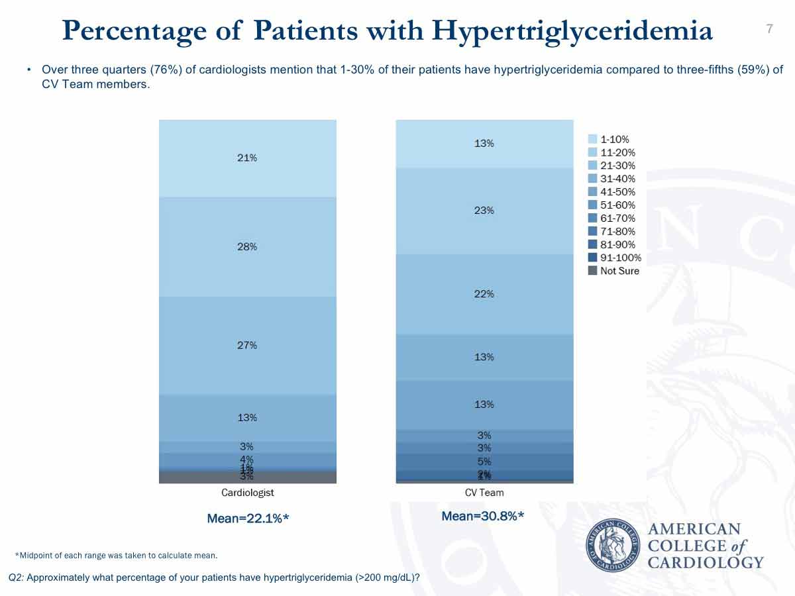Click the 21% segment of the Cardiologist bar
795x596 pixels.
(x=247, y=158)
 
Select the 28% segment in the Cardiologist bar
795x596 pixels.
(x=247, y=246)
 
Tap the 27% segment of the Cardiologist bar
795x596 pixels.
(x=247, y=345)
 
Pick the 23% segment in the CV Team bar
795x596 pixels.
(x=484, y=211)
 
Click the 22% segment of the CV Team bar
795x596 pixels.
(x=484, y=294)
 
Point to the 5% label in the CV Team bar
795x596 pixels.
(x=484, y=461)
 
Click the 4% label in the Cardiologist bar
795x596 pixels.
(x=247, y=459)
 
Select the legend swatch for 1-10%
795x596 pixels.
(x=593, y=139)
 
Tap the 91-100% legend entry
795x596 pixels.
(x=620, y=258)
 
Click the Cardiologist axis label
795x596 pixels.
(x=247, y=493)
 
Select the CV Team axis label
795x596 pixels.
(x=484, y=493)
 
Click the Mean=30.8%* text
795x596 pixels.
(x=483, y=517)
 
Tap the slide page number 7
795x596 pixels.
(x=769, y=28)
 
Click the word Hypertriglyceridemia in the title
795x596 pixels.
(x=572, y=30)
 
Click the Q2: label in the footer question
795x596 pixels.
(x=17, y=577)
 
